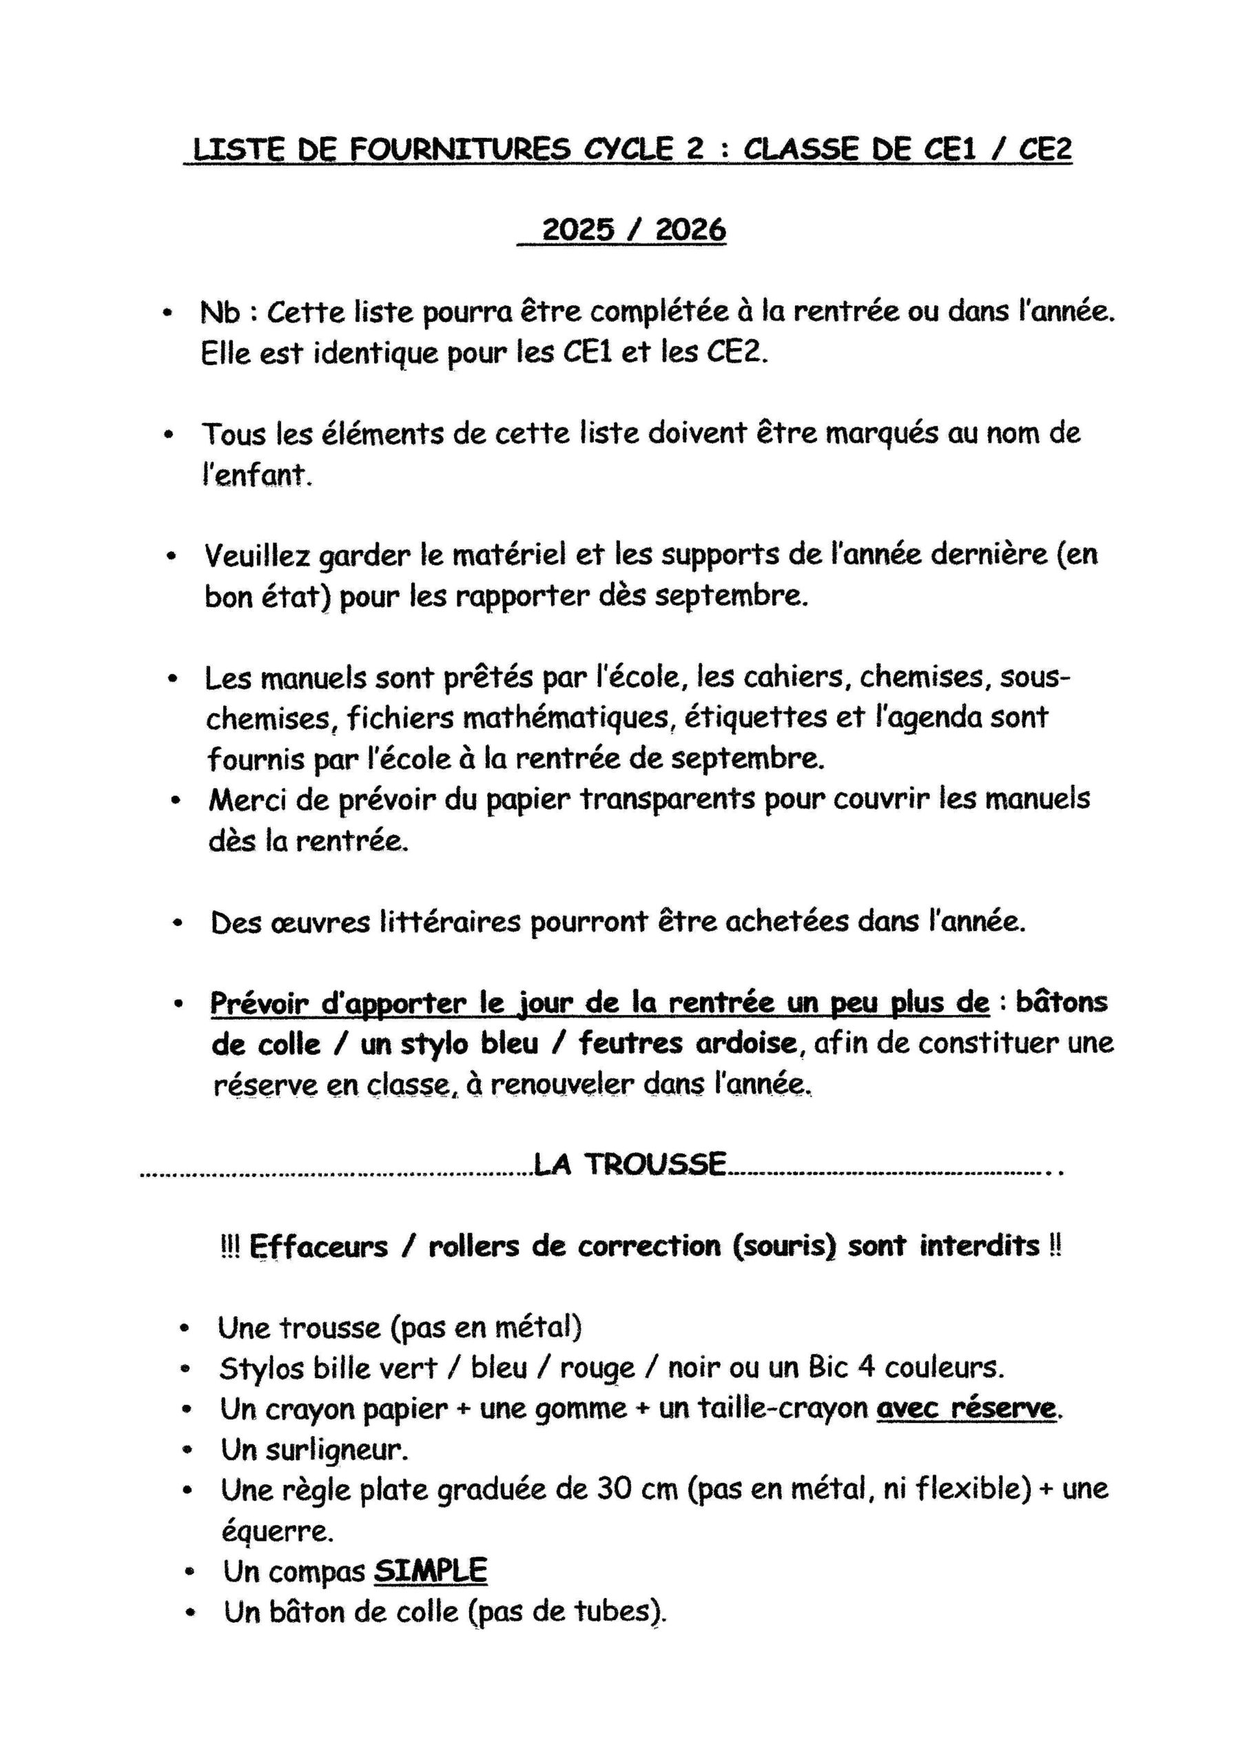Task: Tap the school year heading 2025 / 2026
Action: click(633, 229)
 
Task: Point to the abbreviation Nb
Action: click(220, 313)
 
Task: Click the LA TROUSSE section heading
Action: click(629, 1164)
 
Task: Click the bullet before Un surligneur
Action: click(187, 1450)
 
